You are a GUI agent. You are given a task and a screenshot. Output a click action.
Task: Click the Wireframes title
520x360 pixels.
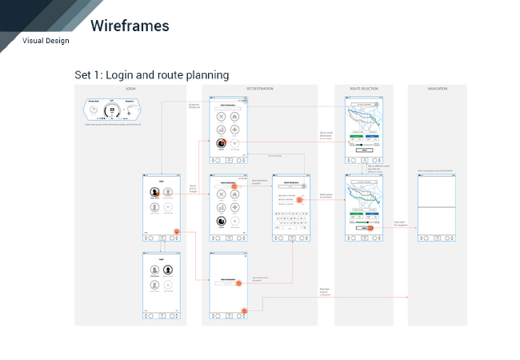tap(130, 26)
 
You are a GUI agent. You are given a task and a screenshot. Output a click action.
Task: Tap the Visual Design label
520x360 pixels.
tap(46, 41)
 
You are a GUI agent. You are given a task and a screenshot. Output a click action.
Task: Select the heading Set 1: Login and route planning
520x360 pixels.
tap(152, 75)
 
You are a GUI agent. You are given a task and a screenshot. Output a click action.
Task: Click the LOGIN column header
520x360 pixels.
tap(130, 88)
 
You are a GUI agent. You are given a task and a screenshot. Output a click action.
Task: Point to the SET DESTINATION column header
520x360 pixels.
tap(259, 88)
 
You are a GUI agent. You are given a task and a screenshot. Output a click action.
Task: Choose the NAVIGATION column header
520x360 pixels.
tap(437, 88)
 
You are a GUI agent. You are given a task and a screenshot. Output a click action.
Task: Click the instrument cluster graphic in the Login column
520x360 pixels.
tap(112, 110)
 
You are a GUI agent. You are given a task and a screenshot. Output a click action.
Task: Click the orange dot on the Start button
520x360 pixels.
tap(370, 228)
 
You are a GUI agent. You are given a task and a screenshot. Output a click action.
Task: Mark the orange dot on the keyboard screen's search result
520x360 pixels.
tap(299, 199)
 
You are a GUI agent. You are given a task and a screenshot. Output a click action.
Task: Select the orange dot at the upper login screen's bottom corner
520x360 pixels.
tap(176, 232)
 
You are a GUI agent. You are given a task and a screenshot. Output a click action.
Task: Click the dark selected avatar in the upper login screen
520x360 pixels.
tap(154, 193)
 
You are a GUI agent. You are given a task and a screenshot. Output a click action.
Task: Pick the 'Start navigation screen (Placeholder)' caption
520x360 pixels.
tap(436, 171)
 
